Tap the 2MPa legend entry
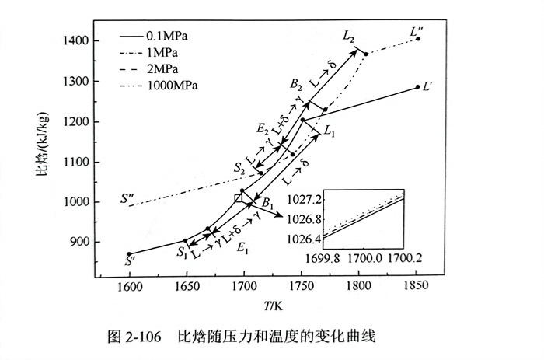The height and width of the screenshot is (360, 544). [x=156, y=68]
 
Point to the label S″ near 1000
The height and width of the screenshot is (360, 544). [x=130, y=197]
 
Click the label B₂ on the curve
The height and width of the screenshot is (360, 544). [x=296, y=84]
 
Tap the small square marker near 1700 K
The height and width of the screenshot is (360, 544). [x=239, y=198]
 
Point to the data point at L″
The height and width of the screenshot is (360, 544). [x=418, y=39]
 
